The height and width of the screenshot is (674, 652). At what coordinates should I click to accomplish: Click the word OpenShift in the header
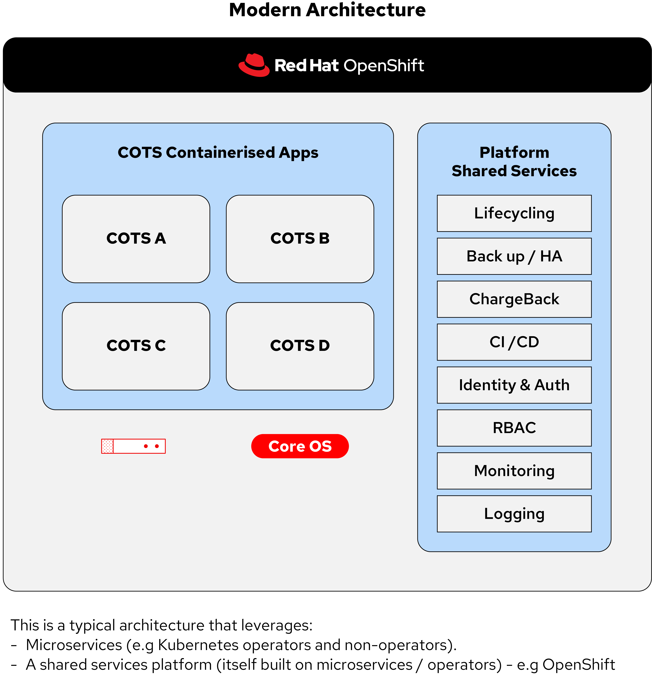(x=384, y=66)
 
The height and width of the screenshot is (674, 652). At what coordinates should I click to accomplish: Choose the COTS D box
(x=300, y=346)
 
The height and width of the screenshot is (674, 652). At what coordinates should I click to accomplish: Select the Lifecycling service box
(x=514, y=213)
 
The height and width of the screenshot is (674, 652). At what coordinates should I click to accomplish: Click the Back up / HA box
(x=514, y=256)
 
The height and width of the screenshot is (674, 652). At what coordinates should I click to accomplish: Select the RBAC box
(x=514, y=428)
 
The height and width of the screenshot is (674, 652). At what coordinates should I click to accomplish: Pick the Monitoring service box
(x=514, y=471)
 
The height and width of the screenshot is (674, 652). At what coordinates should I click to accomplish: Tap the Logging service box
(x=514, y=514)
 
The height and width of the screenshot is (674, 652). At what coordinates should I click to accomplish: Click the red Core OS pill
(x=300, y=446)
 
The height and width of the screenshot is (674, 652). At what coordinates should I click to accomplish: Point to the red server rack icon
(x=133, y=446)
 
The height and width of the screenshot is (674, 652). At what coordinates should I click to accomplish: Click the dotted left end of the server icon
(x=107, y=446)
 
